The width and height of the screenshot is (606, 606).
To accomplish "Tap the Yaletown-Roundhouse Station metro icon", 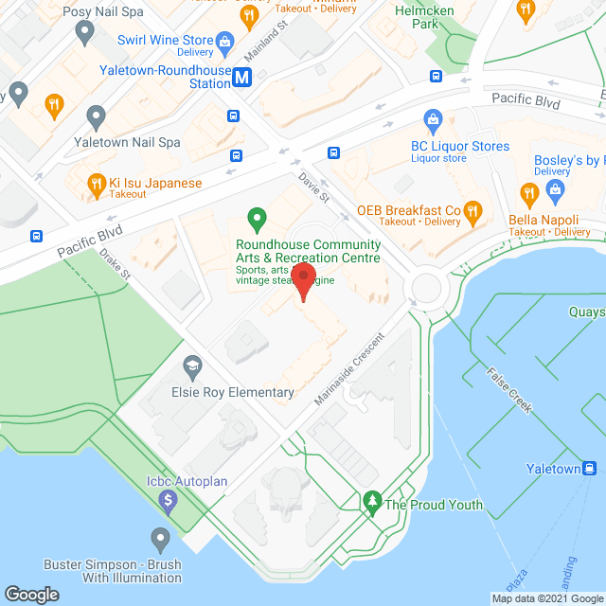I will click(242, 79).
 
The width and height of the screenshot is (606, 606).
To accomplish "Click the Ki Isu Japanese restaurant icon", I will click(96, 184).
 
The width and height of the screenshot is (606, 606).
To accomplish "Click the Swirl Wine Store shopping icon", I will click(225, 41).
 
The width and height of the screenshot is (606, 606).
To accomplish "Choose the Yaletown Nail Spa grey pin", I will click(96, 117).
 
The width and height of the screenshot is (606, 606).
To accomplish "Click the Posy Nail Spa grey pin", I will click(85, 33).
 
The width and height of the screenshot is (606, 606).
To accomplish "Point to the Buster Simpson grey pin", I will click(160, 540).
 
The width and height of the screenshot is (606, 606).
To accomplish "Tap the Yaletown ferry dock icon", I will click(590, 468).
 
